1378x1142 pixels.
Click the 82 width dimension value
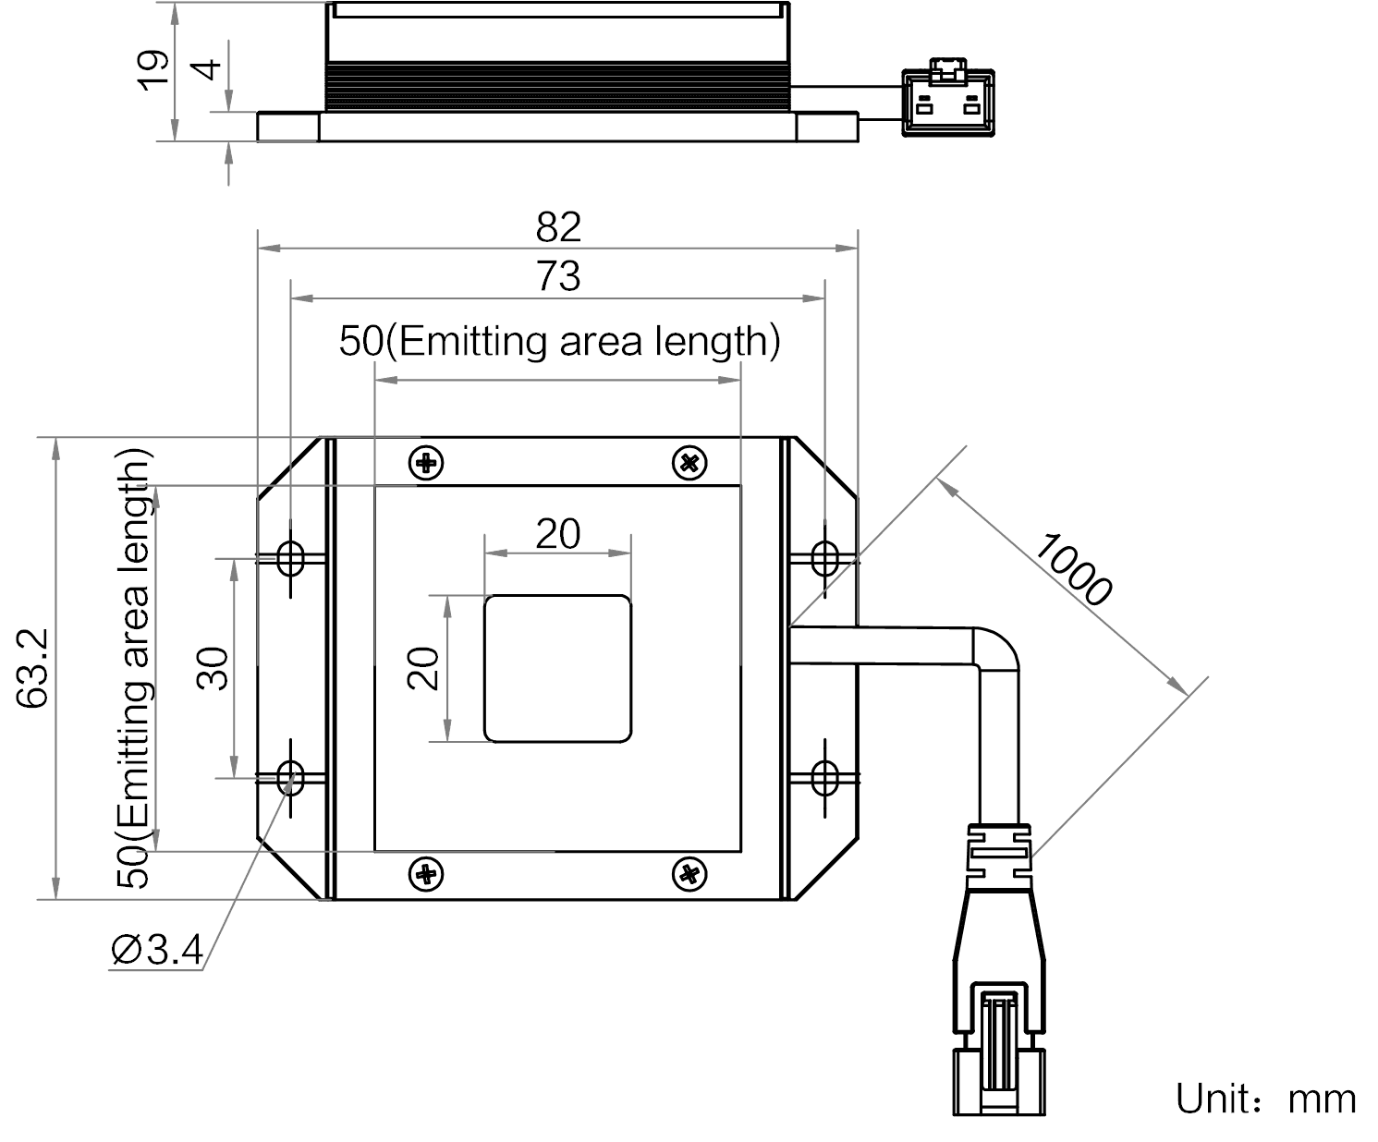[x=558, y=227]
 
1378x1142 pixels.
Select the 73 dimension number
[x=558, y=275]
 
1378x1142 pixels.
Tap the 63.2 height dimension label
[x=32, y=668]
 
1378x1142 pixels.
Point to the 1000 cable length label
[x=1073, y=569]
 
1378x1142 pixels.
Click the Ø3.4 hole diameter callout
[x=156, y=951]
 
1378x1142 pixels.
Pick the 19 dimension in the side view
[x=152, y=70]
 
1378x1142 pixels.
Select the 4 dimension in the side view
[x=209, y=69]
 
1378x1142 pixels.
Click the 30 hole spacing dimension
[x=213, y=668]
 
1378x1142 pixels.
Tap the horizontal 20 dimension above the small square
[x=557, y=533]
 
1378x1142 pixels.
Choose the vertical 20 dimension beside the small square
[x=423, y=668]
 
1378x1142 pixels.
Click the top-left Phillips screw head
[x=426, y=463]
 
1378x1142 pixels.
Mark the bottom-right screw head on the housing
[x=689, y=875]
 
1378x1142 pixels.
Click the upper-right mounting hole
[x=824, y=558]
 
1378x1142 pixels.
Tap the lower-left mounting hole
[x=290, y=778]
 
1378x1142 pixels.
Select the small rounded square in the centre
[x=557, y=668]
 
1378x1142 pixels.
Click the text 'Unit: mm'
[x=1265, y=1099]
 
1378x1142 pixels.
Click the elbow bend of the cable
[x=996, y=650]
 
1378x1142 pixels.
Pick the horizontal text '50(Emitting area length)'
[x=560, y=341]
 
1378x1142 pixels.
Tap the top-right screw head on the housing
[x=689, y=463]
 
